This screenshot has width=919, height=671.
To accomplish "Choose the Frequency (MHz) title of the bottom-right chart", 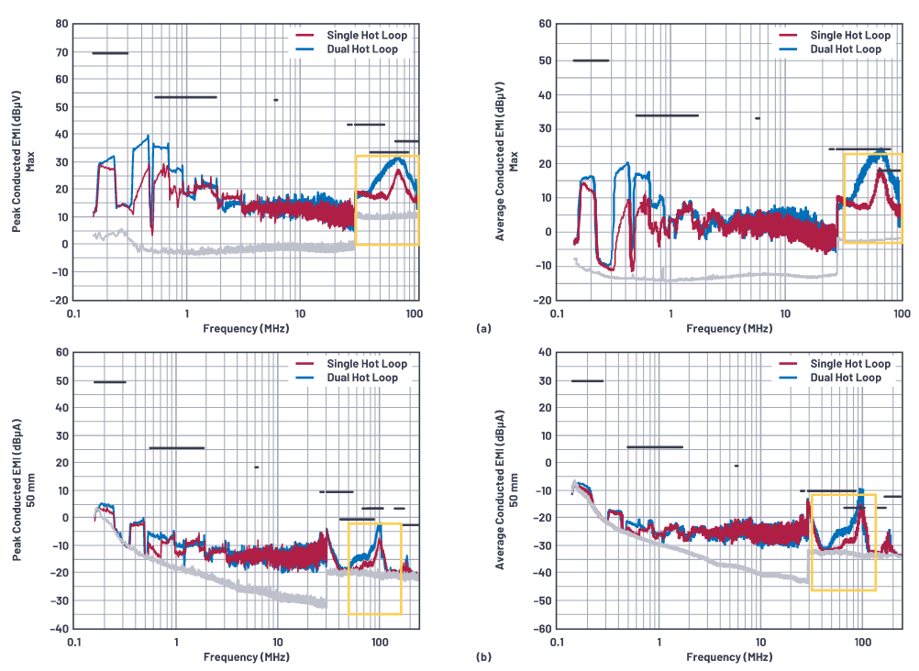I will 728,657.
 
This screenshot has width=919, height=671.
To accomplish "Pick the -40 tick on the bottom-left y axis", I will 57,630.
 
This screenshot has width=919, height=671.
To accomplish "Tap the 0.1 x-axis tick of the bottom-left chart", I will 74,643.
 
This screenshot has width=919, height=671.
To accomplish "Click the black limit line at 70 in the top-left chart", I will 110,53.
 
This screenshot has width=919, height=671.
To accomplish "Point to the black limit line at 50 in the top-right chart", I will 591,60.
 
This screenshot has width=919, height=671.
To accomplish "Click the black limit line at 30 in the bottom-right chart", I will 587,380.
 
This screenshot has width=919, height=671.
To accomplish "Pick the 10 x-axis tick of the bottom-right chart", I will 760,643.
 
